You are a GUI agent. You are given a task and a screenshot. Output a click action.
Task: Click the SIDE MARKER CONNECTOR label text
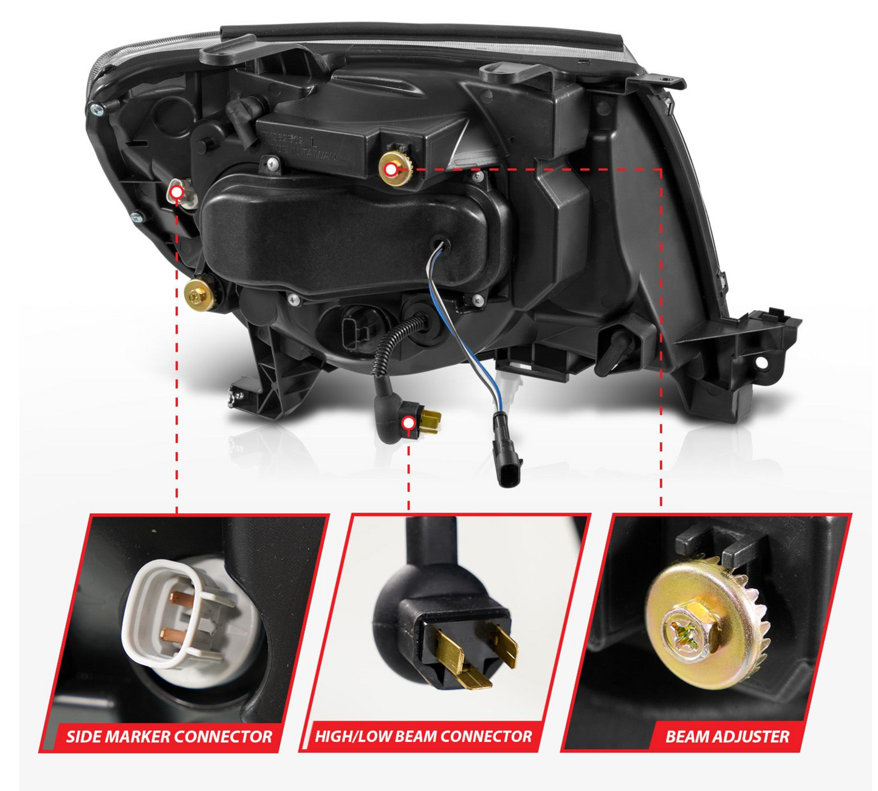(168, 737)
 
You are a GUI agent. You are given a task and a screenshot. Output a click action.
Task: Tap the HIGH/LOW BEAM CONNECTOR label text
(423, 737)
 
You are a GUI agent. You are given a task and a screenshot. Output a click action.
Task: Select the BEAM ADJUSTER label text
(727, 737)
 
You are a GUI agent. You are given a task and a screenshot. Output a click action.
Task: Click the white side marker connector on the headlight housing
(182, 194)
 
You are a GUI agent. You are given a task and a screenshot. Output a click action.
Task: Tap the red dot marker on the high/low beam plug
(409, 423)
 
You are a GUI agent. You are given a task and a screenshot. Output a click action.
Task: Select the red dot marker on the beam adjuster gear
(391, 169)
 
